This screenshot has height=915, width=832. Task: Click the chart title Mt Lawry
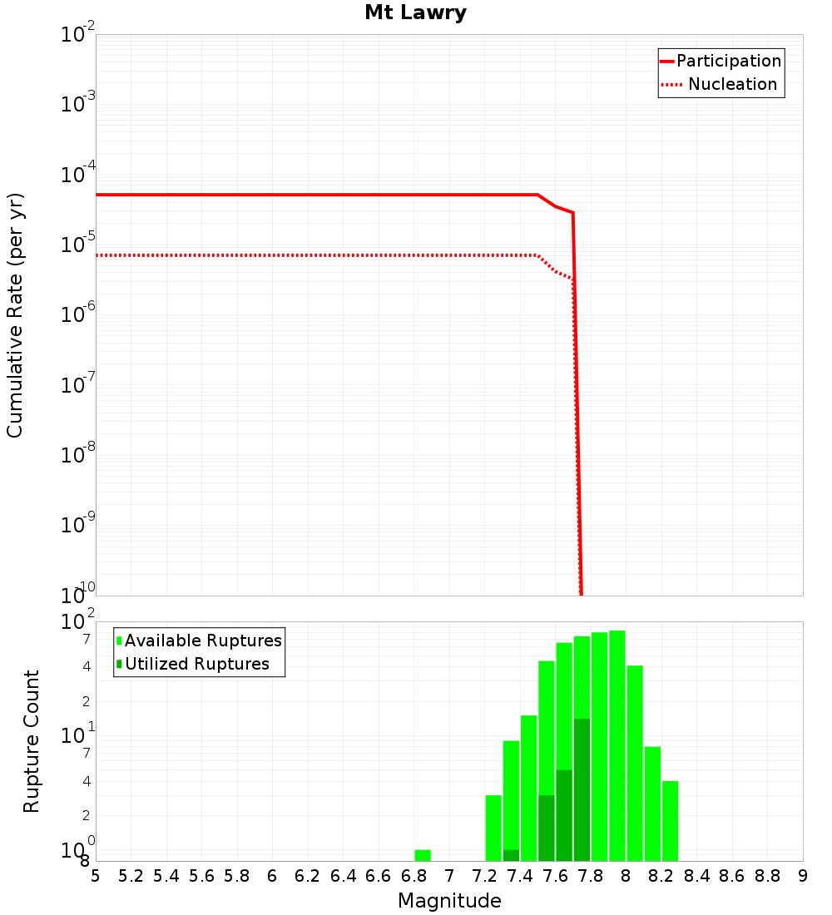pos(415,12)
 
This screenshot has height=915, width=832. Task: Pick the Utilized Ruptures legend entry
pos(196,664)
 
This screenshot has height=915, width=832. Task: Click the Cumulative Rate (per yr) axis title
pos(15,315)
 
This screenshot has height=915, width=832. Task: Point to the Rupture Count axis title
pos(32,741)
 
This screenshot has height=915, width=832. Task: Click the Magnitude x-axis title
pos(449,901)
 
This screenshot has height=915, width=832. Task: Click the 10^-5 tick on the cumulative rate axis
pos(79,245)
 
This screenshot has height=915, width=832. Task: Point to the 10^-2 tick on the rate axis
pos(79,35)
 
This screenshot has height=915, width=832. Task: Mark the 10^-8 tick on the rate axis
pos(79,455)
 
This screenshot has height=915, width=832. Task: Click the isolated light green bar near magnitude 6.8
pos(423,855)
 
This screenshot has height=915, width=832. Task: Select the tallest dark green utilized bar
pos(582,789)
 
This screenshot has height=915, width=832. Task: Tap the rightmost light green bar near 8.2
pos(670,821)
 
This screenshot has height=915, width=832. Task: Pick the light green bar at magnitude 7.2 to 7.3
pos(493,828)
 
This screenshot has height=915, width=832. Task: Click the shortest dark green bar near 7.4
pos(511,855)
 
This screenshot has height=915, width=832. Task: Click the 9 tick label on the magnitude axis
pos(803,876)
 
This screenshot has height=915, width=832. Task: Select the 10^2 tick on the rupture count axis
pos(79,622)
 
